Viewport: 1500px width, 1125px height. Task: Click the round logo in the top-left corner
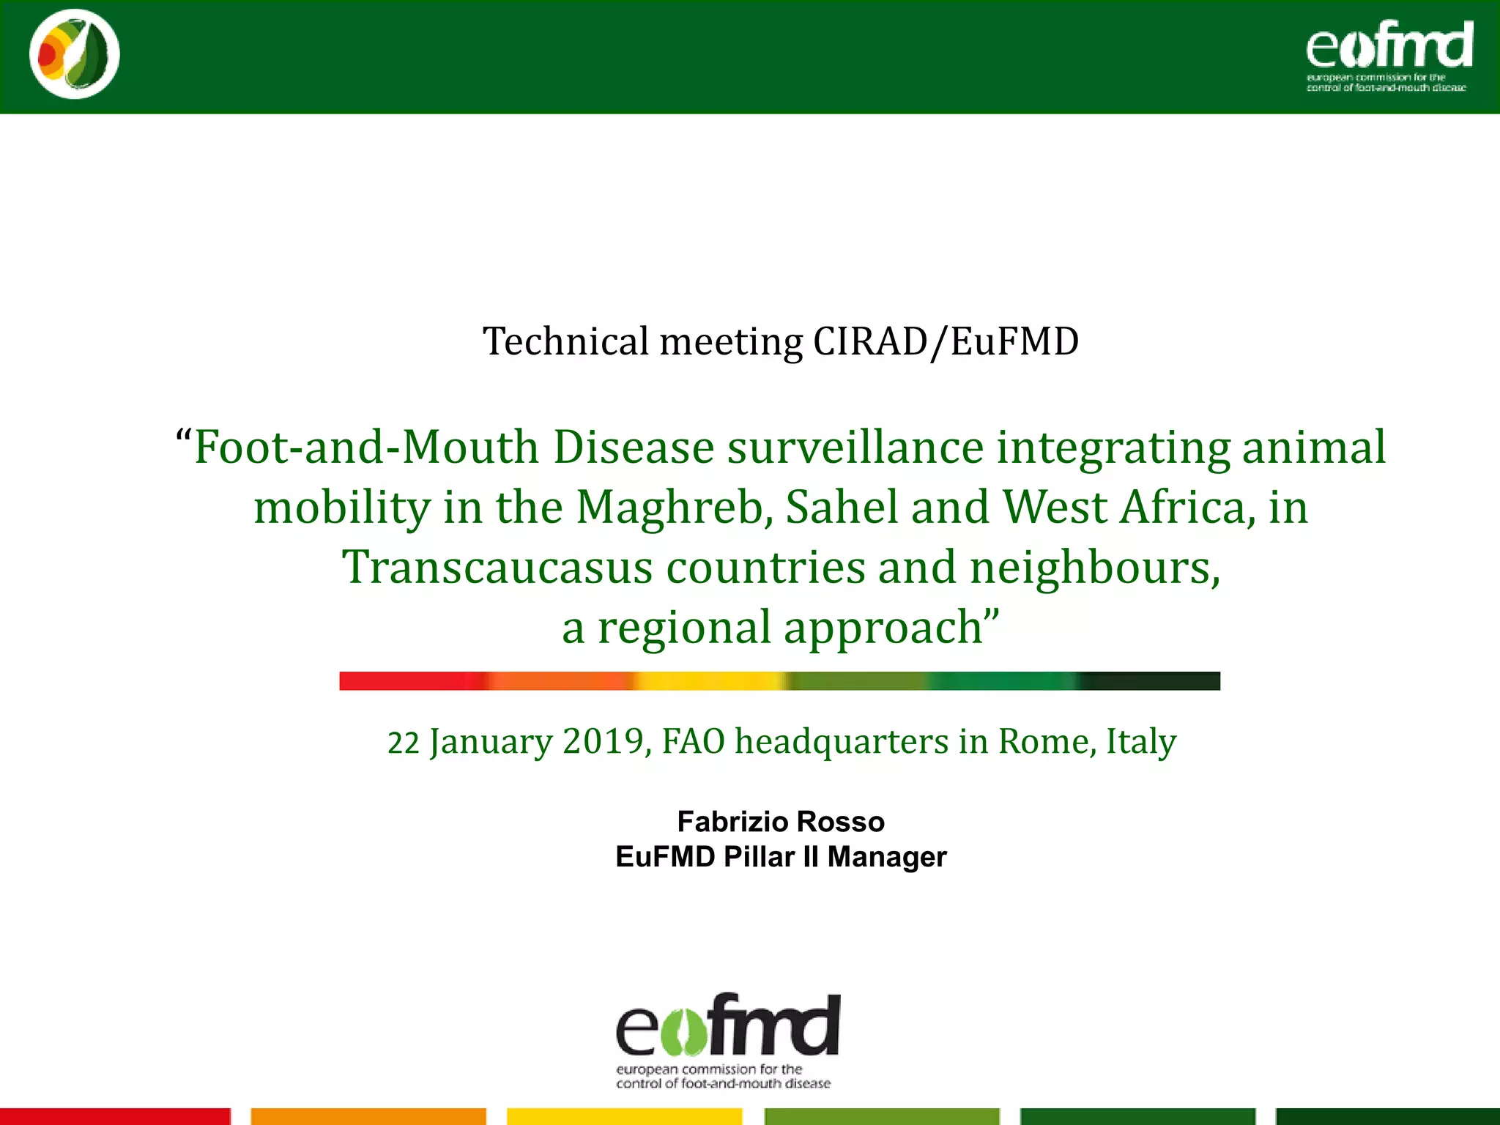click(x=75, y=54)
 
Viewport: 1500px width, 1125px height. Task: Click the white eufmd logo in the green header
click(x=1389, y=55)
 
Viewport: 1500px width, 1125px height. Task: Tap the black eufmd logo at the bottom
click(x=727, y=1039)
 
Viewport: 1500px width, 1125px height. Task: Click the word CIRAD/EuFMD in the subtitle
click(x=946, y=342)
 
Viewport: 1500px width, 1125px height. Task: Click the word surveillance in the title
click(x=855, y=448)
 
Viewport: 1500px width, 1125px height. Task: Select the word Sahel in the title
click(x=842, y=508)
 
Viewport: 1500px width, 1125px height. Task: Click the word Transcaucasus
click(x=497, y=568)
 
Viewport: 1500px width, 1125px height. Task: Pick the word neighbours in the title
click(x=1094, y=568)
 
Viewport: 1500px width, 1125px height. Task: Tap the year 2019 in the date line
click(x=604, y=741)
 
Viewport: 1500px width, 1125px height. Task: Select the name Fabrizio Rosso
click(x=781, y=822)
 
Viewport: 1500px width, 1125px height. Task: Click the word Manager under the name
click(x=887, y=857)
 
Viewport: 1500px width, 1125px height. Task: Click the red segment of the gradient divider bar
click(x=410, y=680)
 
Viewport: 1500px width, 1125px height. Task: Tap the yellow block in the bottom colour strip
click(x=624, y=1116)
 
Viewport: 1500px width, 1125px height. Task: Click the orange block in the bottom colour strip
click(x=368, y=1116)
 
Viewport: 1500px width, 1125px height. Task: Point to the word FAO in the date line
click(x=693, y=741)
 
